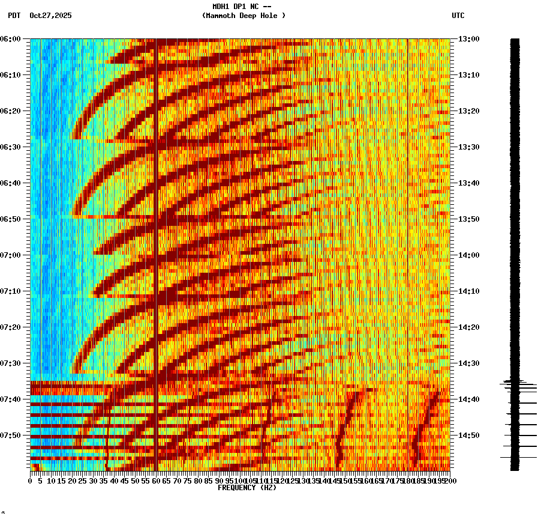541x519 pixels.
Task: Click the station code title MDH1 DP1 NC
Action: (x=242, y=7)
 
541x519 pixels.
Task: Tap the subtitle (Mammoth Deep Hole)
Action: (x=244, y=16)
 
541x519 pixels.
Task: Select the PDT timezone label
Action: (x=14, y=16)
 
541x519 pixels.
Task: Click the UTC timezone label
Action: (x=458, y=16)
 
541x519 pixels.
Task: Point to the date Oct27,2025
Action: (x=50, y=16)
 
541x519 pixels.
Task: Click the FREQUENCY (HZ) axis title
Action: (x=247, y=488)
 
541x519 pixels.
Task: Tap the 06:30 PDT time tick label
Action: (x=11, y=147)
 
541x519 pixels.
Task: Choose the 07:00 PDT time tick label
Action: (x=11, y=255)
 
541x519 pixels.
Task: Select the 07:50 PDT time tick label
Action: (x=11, y=436)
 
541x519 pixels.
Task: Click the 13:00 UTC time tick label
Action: (x=468, y=39)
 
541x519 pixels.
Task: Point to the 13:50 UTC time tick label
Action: (x=468, y=219)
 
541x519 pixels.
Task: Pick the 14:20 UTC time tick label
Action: (x=468, y=327)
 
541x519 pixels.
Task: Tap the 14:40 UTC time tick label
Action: (x=468, y=399)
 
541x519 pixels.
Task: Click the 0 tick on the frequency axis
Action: (x=31, y=481)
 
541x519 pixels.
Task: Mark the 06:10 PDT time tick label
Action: (x=11, y=75)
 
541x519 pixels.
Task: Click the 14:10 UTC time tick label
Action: (x=468, y=291)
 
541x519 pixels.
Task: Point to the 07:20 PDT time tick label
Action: (x=11, y=327)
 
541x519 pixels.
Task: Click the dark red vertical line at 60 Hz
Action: (x=156, y=240)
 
